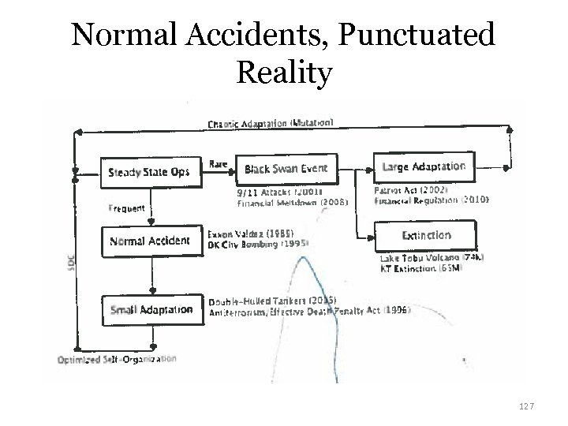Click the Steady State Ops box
[x=149, y=172]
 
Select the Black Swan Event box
[x=286, y=168]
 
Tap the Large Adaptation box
[x=423, y=166]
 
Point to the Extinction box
[x=427, y=235]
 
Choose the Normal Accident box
[x=149, y=241]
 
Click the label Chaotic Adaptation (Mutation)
[x=270, y=123]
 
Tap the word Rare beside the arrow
[x=218, y=164]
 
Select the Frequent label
[x=125, y=208]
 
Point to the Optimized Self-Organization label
[x=117, y=359]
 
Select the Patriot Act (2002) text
[x=411, y=190]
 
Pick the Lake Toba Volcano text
[x=431, y=258]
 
